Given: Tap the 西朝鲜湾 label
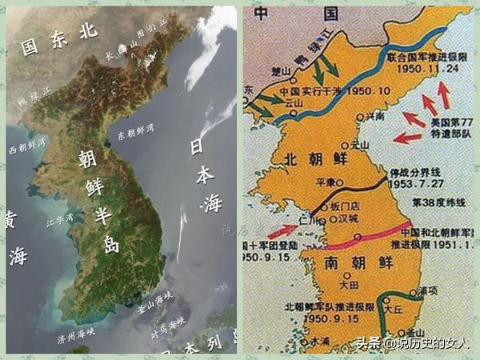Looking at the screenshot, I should (x=26, y=145).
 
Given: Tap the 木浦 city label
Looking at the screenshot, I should (x=320, y=339).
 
